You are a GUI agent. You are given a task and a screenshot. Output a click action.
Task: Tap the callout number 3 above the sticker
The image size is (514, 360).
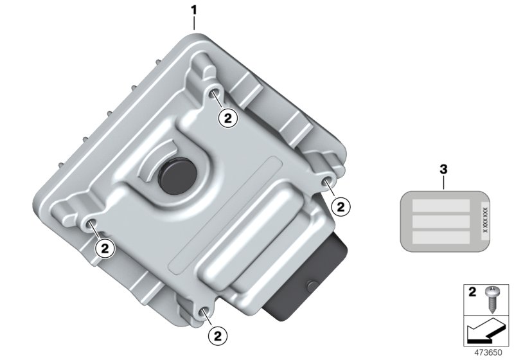point(443,169)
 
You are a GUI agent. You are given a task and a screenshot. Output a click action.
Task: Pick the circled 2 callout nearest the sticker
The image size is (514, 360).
point(341,206)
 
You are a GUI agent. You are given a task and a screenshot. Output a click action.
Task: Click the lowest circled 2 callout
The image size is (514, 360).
point(217,334)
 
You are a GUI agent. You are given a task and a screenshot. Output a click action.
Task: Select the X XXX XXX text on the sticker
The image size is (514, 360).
point(485,219)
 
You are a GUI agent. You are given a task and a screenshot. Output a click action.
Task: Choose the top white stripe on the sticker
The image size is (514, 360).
point(441,206)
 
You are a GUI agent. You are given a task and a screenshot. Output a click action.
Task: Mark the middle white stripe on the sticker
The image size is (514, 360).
point(441,222)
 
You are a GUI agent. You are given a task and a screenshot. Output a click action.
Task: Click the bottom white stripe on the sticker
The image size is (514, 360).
point(441,238)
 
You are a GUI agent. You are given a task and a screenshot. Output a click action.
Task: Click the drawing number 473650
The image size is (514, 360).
point(490,353)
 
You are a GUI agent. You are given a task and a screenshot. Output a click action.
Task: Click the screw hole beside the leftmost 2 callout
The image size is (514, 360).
point(91,224)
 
